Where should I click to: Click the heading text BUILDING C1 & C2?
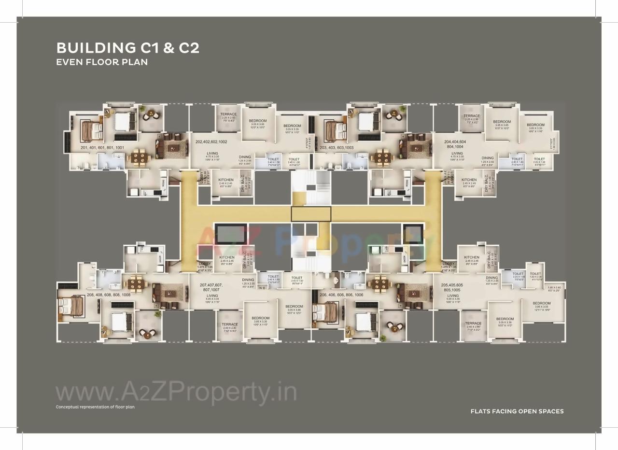[x=127, y=48]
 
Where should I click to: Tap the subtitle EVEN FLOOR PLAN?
[x=101, y=62]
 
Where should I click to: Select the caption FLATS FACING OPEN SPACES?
[x=517, y=411]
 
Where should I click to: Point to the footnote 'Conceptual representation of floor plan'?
[x=95, y=407]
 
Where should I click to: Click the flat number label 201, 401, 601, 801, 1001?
[x=102, y=147]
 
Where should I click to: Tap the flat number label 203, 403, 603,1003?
[x=337, y=147]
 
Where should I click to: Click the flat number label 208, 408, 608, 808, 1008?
[x=109, y=295]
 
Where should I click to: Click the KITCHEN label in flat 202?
[x=226, y=180]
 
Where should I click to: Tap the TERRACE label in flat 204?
[x=472, y=116]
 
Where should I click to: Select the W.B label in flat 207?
[x=262, y=288]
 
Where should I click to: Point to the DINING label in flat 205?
[x=492, y=278]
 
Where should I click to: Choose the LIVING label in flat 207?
[x=212, y=295]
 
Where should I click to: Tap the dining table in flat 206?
[x=380, y=282]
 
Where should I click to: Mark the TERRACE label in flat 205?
[x=473, y=323]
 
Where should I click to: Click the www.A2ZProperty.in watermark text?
[x=176, y=394]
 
